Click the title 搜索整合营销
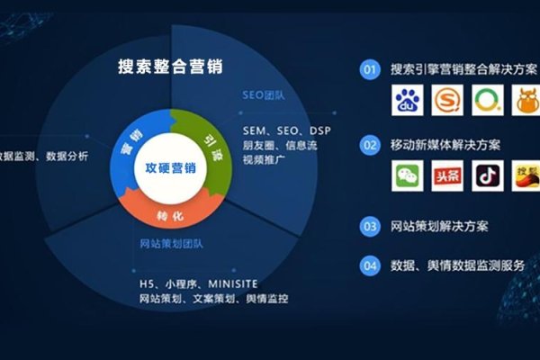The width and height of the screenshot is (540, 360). pos(170,67)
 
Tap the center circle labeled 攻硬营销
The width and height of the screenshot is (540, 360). pos(170,169)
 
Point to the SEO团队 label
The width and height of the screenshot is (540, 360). pos(262,94)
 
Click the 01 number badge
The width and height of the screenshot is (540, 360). pos(369,68)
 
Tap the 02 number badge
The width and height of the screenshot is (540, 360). pos(369,144)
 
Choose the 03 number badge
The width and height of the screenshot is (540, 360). pos(369,226)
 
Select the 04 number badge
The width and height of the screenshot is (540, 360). pos(369,265)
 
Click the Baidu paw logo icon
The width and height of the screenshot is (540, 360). pos(407,102)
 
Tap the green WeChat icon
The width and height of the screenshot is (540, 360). pos(407,177)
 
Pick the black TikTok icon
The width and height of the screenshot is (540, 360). pos(487,177)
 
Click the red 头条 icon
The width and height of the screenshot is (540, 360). pos(447,177)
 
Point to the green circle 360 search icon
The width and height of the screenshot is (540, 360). pos(487,102)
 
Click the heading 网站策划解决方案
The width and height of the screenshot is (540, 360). pos(440,226)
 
